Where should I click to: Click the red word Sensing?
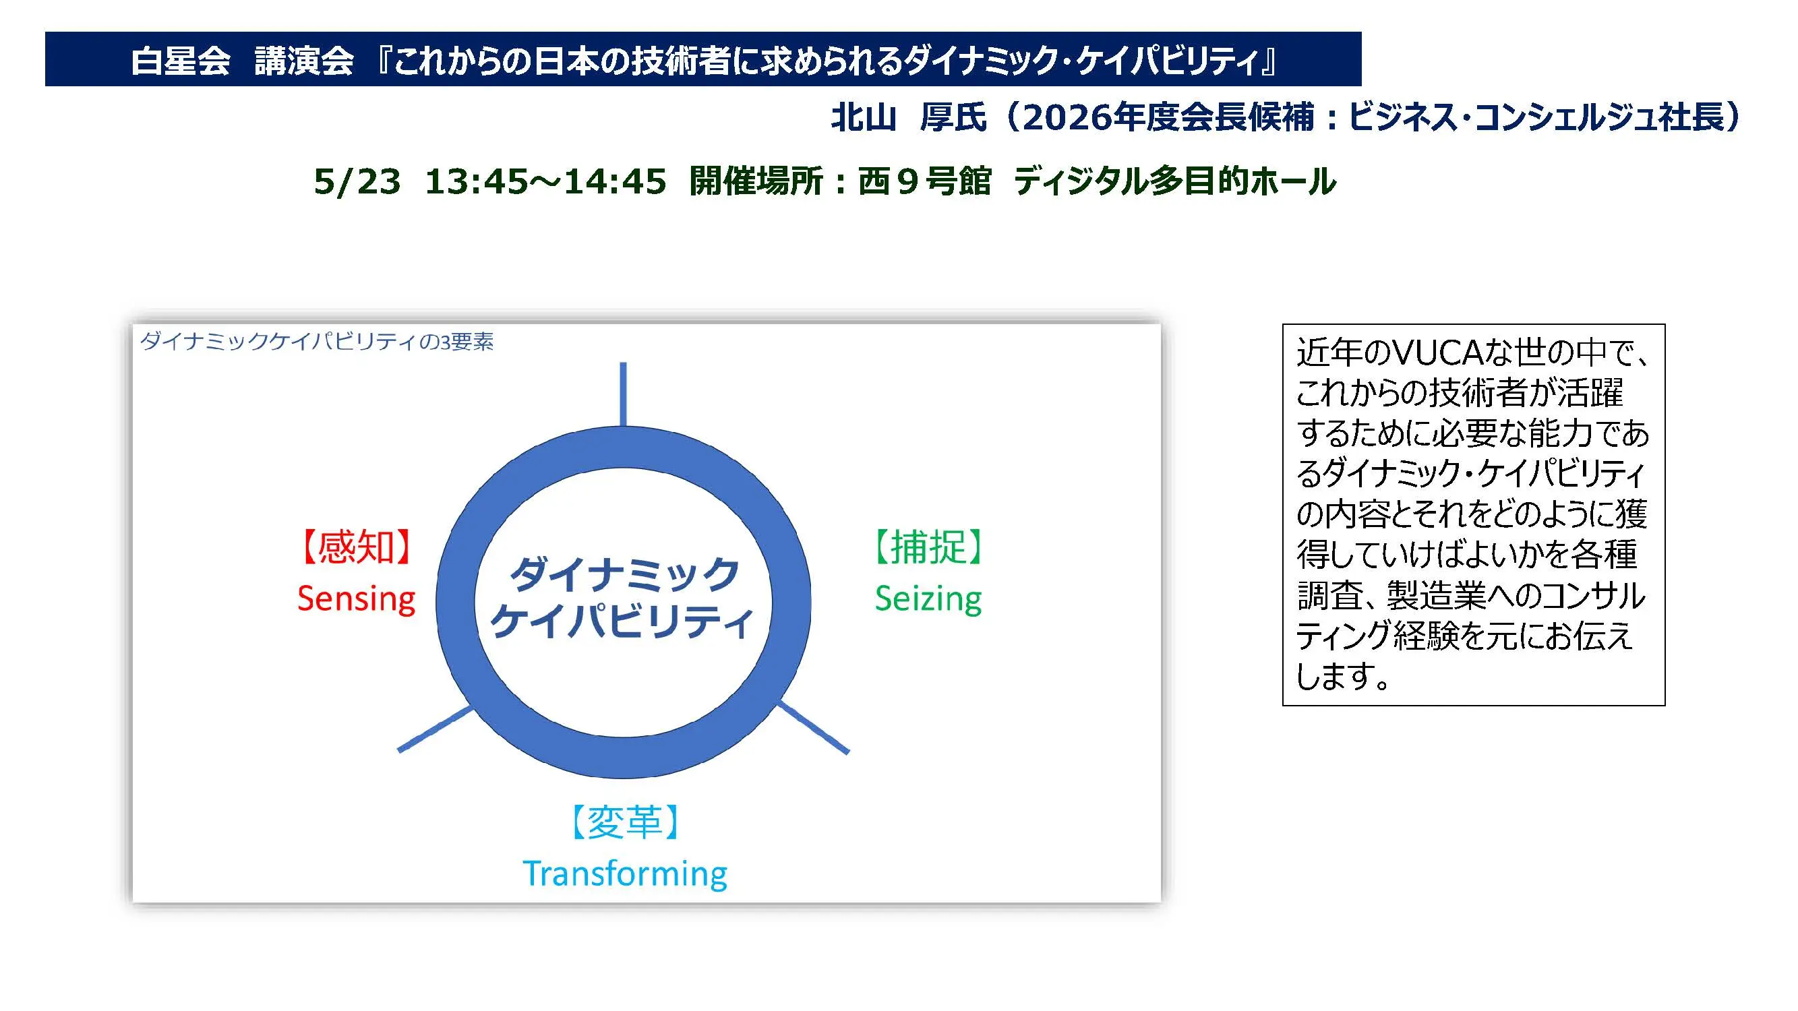click(357, 599)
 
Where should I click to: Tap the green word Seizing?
click(928, 599)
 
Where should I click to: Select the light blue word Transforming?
click(625, 874)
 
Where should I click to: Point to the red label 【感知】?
click(356, 547)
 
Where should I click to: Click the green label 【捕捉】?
click(928, 547)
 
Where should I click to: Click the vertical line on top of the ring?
click(624, 394)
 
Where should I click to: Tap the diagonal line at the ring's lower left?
click(436, 729)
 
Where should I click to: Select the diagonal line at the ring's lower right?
click(813, 728)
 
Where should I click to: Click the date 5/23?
click(357, 181)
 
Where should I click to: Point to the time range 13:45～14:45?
click(545, 181)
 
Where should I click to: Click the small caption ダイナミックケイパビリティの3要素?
click(317, 342)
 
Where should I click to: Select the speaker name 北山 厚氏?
click(909, 117)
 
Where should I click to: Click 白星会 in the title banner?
click(181, 61)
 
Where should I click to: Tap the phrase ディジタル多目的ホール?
click(1175, 181)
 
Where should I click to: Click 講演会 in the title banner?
click(304, 61)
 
